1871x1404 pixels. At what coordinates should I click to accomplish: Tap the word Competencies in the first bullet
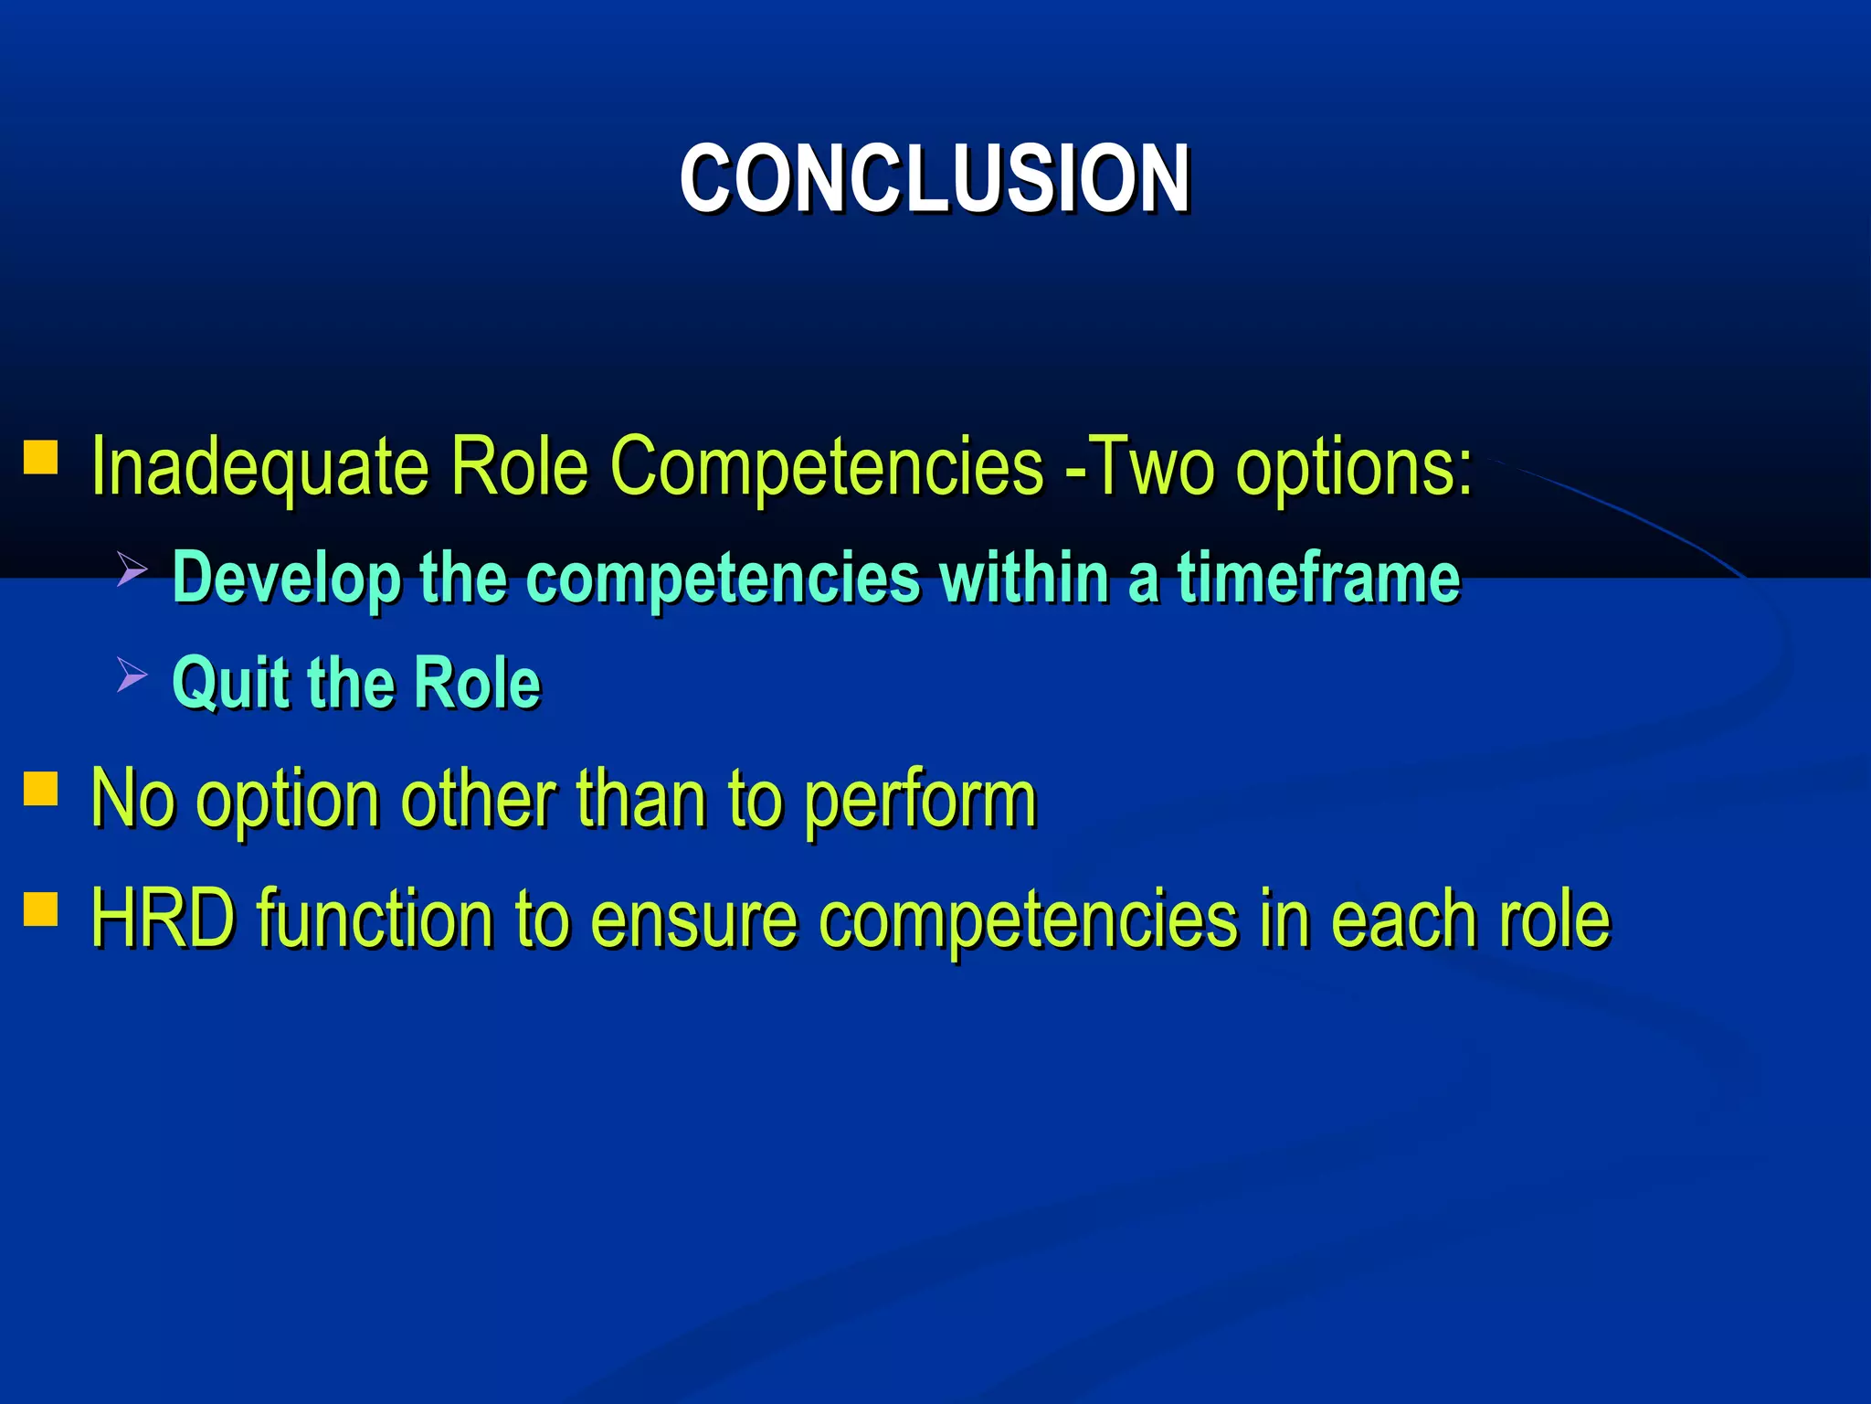825,467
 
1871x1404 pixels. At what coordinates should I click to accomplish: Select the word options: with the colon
1354,467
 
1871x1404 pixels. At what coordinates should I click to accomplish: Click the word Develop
286,578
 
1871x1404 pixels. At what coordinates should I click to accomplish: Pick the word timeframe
1318,578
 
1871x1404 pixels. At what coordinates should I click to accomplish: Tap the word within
1023,578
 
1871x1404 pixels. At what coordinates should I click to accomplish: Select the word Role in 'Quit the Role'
477,683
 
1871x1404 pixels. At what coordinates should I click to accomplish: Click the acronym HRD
164,919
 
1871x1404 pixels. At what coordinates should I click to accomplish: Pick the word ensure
694,919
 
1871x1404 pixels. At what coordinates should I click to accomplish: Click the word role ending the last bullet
1552,919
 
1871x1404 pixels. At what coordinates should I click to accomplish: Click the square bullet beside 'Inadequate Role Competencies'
41,457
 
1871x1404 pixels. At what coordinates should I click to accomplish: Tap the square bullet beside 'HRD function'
41,909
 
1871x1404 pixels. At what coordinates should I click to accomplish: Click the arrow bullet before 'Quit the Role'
133,676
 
